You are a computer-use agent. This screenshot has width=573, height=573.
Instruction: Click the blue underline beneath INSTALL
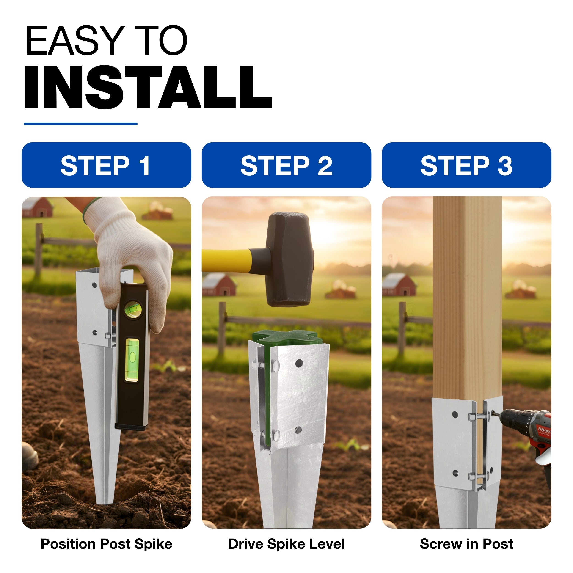[x=81, y=124]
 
